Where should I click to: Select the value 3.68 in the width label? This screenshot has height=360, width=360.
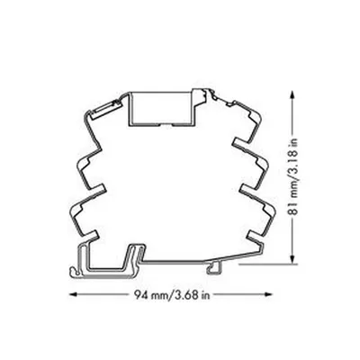(187, 295)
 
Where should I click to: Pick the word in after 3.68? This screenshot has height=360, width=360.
(205, 295)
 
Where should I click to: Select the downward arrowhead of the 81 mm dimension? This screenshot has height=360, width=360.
(292, 259)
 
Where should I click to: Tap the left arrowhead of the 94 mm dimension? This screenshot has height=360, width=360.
(74, 294)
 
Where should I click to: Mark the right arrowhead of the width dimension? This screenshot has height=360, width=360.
(267, 294)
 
